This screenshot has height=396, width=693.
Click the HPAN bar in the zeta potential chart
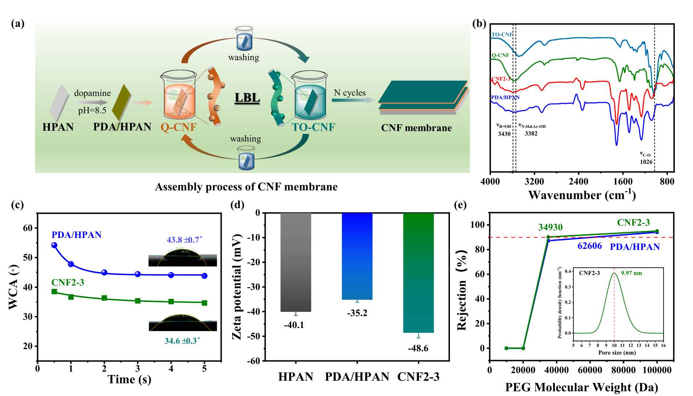(296, 262)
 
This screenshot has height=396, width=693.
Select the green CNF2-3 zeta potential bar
(419, 272)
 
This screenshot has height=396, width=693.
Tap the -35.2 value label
(357, 313)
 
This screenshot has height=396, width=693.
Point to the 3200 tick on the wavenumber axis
(534, 181)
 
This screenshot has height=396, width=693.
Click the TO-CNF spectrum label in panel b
(502, 35)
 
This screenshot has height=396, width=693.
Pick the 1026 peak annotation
(646, 162)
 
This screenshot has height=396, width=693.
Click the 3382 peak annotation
(531, 134)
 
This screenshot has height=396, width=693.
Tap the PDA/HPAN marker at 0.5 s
(54, 245)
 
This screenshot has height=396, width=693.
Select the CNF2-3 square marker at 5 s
(204, 303)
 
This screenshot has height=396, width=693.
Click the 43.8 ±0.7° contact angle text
(184, 240)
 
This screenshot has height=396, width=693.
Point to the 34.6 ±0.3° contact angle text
(182, 341)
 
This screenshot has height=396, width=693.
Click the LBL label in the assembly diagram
(247, 98)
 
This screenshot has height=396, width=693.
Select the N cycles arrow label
(350, 93)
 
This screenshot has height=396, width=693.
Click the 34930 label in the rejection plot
(550, 227)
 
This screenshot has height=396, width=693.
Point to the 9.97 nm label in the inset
(631, 273)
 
